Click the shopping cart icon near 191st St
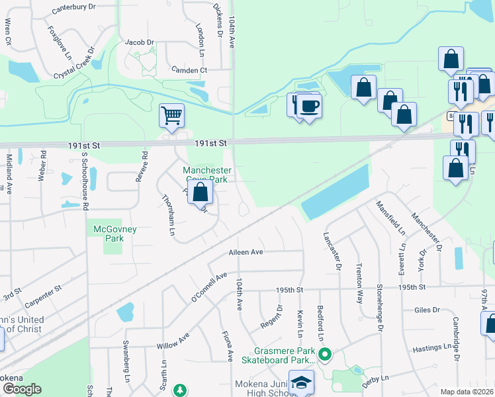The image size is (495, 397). pos(171,115)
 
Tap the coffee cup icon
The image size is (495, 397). pos(308,106)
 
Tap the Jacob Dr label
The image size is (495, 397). pos(139,42)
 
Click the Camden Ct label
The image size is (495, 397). pos(189,69)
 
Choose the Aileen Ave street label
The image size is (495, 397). pos(246,252)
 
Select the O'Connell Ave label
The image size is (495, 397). pos(208,287)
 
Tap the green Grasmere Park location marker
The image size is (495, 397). pos(324,355)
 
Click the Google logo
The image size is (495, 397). pos(22,388)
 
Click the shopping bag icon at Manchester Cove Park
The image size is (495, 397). pos(202,193)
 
